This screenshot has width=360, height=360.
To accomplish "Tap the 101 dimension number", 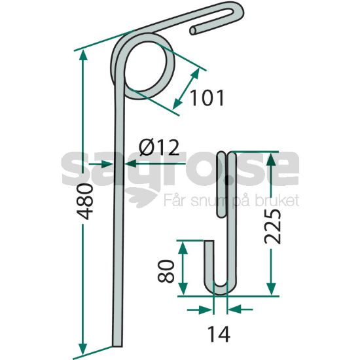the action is [207, 98].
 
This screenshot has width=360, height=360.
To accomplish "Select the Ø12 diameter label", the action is [159, 147].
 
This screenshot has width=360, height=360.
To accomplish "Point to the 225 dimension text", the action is [272, 226].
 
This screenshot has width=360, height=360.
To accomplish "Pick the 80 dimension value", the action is [166, 271].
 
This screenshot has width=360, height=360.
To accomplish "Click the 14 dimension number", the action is [219, 334].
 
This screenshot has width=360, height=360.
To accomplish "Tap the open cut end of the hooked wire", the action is [193, 31].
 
